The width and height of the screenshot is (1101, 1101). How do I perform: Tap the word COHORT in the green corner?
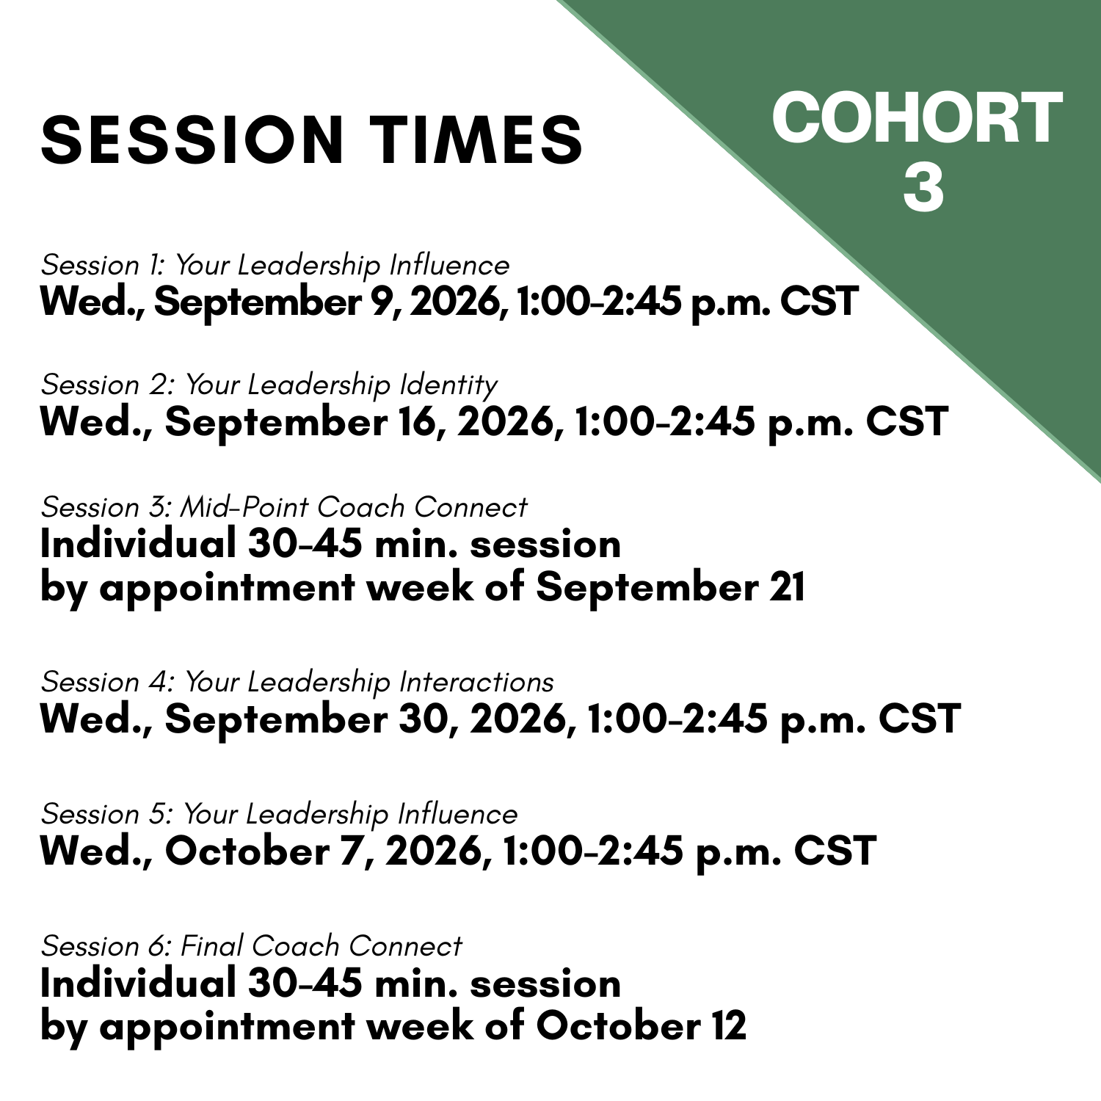(917, 118)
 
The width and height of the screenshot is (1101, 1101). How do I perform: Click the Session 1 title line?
(275, 266)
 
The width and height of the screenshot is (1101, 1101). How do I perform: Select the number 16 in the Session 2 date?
(421, 422)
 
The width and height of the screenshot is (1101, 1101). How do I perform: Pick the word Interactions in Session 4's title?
(476, 683)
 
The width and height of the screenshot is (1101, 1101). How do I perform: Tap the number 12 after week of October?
(728, 1025)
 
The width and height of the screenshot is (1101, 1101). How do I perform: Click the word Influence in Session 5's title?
(457, 815)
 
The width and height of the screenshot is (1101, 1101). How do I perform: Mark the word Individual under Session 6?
(137, 983)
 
